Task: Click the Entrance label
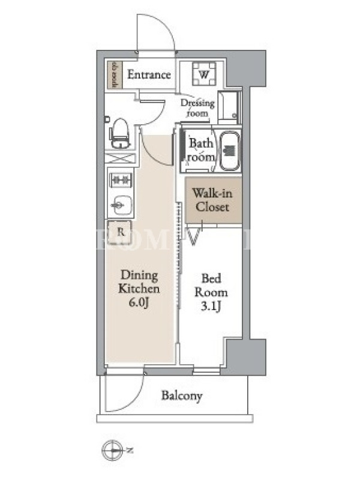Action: click(x=149, y=75)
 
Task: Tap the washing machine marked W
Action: click(x=204, y=75)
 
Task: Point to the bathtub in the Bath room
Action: click(x=230, y=150)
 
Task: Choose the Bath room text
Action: click(x=202, y=151)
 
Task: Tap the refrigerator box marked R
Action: click(x=121, y=232)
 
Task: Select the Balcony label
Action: click(x=182, y=396)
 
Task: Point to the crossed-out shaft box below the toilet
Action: click(x=119, y=160)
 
